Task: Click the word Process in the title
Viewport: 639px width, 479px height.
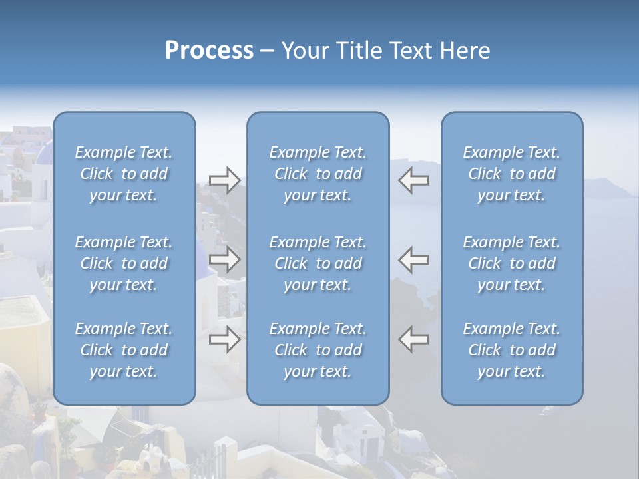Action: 208,51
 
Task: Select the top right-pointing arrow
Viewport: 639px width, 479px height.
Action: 224,180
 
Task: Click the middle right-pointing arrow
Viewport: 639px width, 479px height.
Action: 224,259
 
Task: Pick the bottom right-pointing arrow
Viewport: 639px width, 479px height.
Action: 224,339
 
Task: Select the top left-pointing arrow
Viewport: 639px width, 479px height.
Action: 414,180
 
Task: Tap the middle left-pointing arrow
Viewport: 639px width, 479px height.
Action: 414,259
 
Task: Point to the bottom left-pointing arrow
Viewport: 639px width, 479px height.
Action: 414,339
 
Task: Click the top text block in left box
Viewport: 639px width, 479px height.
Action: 124,174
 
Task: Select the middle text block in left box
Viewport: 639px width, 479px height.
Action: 124,263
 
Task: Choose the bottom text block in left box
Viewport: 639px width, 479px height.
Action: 124,350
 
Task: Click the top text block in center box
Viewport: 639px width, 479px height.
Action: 318,174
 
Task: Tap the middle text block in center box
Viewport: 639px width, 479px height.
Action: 318,263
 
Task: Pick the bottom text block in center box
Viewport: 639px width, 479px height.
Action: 318,350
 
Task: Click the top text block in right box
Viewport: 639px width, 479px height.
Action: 512,174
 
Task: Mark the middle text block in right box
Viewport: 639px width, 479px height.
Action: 512,263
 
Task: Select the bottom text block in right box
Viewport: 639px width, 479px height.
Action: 512,350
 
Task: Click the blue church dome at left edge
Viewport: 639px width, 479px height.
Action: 43,154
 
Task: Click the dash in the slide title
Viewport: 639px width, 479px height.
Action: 268,51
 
